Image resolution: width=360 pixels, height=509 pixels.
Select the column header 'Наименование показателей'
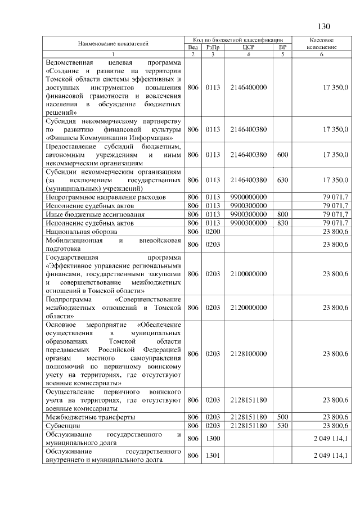(113, 43)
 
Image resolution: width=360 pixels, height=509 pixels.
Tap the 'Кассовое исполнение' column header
(322, 44)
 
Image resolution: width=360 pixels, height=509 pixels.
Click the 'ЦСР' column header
(248, 47)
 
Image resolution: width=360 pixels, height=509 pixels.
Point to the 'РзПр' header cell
(212, 47)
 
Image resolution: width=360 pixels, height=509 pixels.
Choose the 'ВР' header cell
(282, 47)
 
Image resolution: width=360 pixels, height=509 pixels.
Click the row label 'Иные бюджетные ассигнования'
(87, 214)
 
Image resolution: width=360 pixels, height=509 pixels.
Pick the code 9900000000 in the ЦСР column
(248, 197)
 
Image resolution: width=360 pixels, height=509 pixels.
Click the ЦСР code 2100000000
(248, 273)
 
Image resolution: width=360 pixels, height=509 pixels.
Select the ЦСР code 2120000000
(248, 308)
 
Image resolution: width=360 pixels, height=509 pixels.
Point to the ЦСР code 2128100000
(248, 354)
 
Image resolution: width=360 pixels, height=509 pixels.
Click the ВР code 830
(282, 223)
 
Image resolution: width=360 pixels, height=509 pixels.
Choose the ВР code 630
(282, 180)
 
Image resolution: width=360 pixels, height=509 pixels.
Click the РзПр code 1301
(212, 455)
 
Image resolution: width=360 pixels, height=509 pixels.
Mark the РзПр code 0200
(212, 231)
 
